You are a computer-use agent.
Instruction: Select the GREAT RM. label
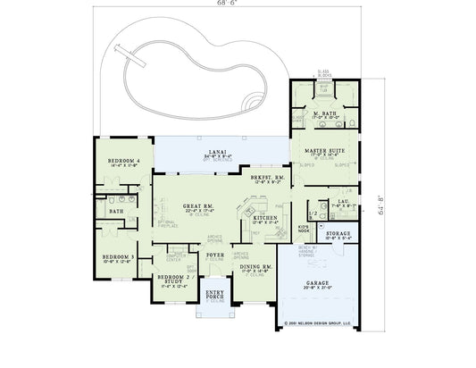(195, 207)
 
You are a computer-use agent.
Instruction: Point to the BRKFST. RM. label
(268, 178)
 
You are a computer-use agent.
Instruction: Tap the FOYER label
(215, 255)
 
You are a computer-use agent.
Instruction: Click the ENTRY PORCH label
(214, 294)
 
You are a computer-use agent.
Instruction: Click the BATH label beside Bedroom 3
(116, 212)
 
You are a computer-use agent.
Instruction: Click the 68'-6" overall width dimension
(238, 5)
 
